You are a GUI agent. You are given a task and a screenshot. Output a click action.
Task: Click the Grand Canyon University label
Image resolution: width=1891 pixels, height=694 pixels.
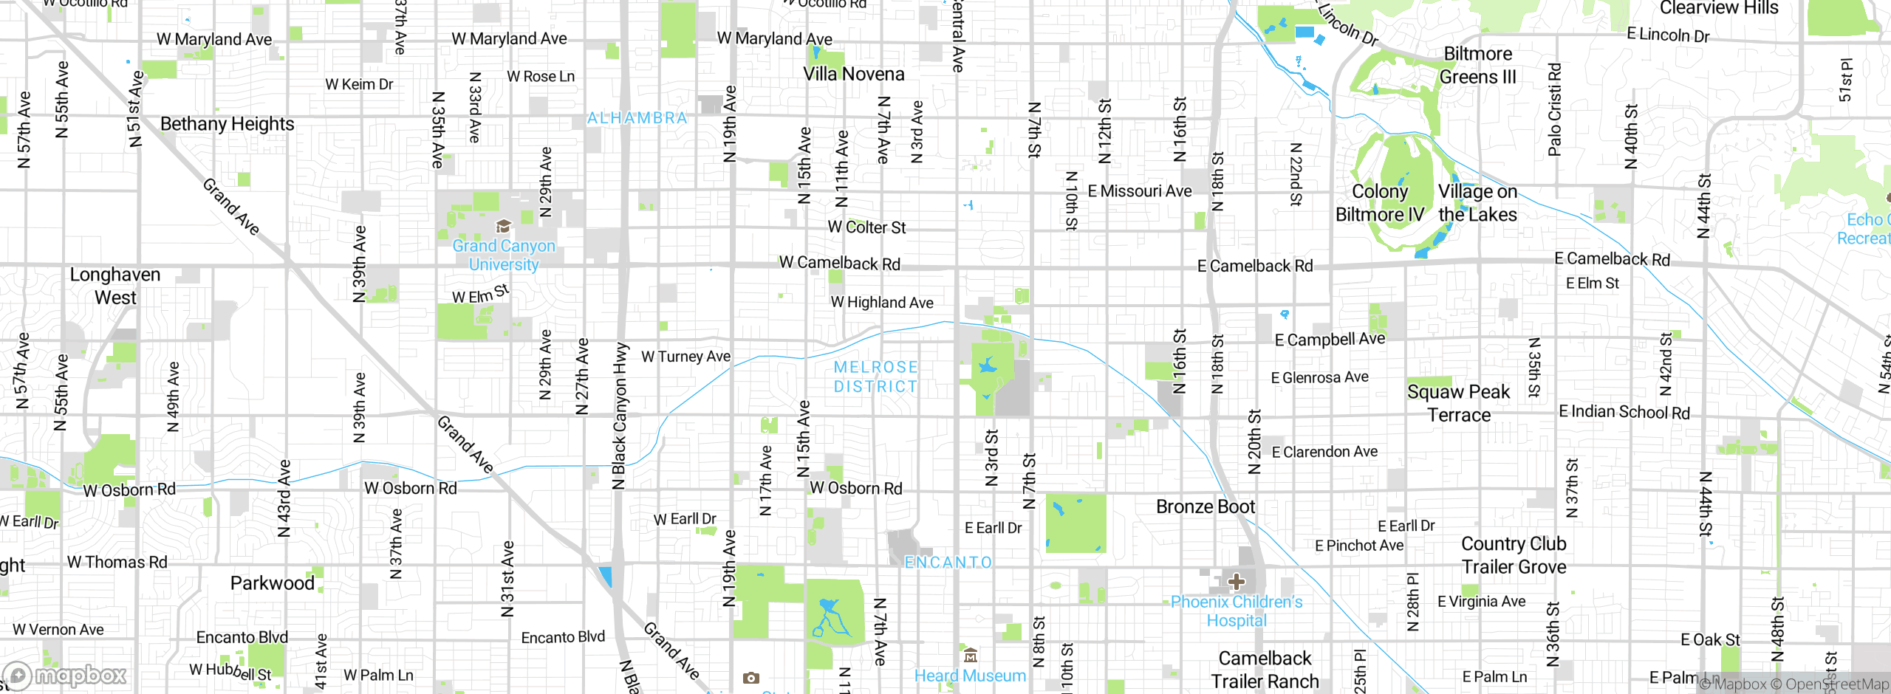[503, 255]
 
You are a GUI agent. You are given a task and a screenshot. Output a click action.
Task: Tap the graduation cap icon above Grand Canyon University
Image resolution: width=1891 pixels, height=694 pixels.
[503, 226]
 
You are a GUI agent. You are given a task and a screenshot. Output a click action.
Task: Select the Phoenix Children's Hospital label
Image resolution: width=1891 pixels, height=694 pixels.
[1237, 611]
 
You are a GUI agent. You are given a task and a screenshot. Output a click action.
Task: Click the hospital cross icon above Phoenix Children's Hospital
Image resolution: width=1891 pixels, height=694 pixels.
[1237, 582]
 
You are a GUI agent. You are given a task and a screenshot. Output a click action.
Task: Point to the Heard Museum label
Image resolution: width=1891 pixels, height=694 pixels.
[970, 676]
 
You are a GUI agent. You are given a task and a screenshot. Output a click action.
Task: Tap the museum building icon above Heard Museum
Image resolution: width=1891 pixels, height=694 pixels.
[971, 655]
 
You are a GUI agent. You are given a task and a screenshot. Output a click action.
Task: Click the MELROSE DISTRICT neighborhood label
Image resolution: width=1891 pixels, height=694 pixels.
[875, 377]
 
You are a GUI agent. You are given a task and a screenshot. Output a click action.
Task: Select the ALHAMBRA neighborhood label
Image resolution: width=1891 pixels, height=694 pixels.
[637, 118]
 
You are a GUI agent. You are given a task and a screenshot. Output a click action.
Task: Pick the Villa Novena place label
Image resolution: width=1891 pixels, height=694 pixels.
[853, 74]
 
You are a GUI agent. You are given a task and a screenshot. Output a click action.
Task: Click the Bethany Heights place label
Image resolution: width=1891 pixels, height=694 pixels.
[227, 124]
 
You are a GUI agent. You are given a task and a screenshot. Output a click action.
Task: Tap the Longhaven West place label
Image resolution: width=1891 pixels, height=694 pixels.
[115, 286]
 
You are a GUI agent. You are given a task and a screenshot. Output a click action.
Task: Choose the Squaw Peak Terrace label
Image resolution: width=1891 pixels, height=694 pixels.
[1458, 403]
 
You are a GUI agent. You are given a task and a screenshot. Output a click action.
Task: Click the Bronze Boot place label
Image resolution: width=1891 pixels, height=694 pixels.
[1205, 507]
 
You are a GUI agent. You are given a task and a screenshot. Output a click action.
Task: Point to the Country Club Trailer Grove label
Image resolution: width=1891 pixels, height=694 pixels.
[1514, 555]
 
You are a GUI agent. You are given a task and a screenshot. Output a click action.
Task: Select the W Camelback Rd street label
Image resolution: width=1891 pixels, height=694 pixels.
[839, 264]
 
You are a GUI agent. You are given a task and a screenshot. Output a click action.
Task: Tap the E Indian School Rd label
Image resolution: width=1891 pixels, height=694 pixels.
[1624, 412]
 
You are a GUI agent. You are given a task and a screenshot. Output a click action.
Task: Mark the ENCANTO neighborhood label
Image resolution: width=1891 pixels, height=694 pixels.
[948, 563]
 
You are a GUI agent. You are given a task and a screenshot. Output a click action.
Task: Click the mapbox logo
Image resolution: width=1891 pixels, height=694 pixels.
[65, 675]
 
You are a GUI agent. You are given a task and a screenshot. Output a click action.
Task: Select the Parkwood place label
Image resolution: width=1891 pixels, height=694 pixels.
[272, 583]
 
